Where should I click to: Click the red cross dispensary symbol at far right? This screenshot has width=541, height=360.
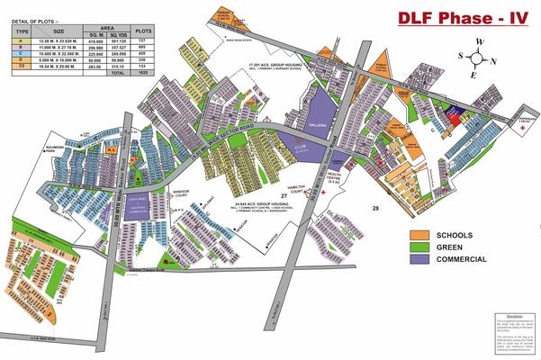point(525,128)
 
